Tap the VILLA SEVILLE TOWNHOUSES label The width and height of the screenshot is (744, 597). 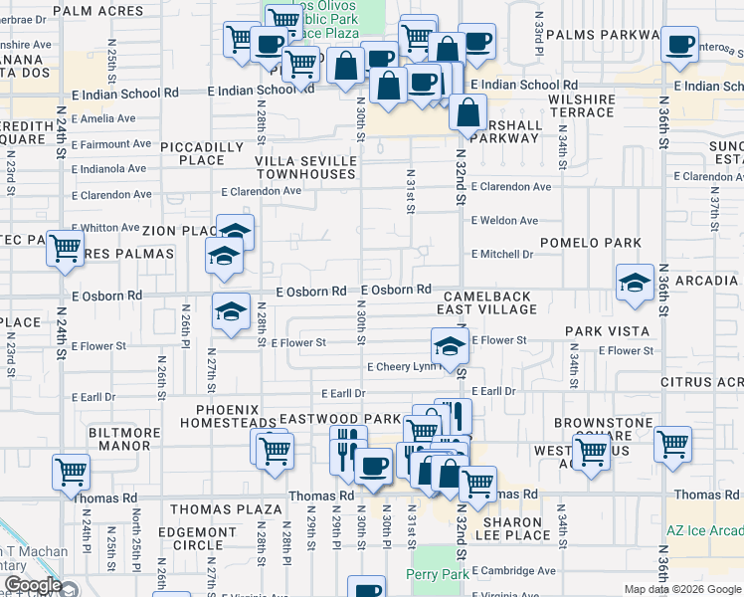coord(305,167)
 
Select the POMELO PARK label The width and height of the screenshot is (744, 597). coord(590,243)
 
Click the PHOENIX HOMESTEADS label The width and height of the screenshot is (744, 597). coord(228,416)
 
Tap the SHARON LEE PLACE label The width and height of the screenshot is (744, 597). coord(513,528)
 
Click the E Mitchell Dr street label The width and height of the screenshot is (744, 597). coord(501,254)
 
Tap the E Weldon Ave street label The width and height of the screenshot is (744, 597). coord(504,220)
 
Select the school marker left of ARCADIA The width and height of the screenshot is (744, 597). coord(635,284)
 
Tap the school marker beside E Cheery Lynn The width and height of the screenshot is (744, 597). coord(450,348)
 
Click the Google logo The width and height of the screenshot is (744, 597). coord(32,586)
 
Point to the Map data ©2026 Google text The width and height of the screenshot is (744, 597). coord(681,589)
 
